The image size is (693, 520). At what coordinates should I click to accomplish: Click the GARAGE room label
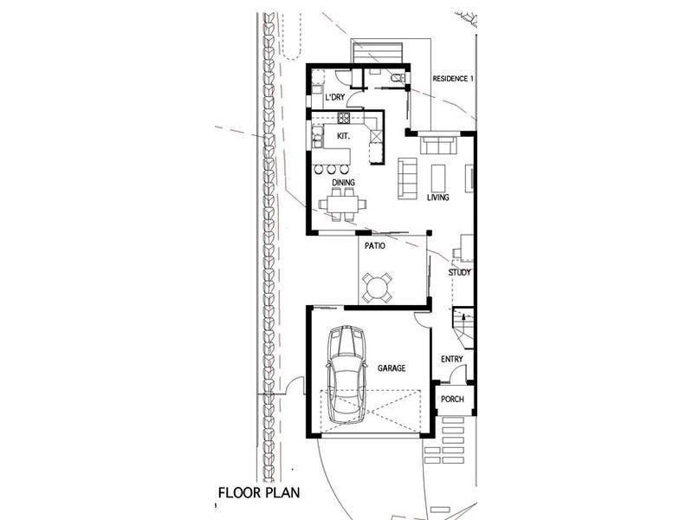tap(392, 367)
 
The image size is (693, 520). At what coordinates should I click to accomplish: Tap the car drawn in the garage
tap(346, 374)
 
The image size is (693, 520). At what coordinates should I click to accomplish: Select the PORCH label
tap(452, 399)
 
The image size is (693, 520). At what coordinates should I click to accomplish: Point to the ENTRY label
tap(451, 359)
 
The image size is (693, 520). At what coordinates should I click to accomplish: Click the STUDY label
tap(460, 272)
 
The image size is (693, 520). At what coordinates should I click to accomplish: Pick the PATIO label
tap(375, 246)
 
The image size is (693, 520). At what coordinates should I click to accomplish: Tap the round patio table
tap(377, 288)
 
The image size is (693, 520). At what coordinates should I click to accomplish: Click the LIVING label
tap(438, 198)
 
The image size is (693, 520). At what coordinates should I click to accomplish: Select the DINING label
tap(343, 182)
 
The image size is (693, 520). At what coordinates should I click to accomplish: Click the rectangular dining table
tap(342, 205)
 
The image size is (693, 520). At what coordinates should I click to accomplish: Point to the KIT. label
tap(343, 136)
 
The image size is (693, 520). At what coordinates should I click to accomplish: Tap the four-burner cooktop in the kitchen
tap(344, 118)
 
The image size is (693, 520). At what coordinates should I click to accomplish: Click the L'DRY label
tap(334, 97)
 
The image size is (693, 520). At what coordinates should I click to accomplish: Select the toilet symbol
tap(398, 78)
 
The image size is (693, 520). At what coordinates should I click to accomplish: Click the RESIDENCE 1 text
tap(453, 79)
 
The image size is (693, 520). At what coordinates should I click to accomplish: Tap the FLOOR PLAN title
tap(259, 492)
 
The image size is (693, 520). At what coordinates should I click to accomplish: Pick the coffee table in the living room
tap(438, 178)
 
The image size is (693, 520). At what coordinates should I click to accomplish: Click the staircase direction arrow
tap(463, 316)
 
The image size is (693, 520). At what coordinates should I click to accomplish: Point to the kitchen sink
tap(317, 136)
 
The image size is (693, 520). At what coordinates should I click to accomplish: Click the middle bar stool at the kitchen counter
tap(332, 169)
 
